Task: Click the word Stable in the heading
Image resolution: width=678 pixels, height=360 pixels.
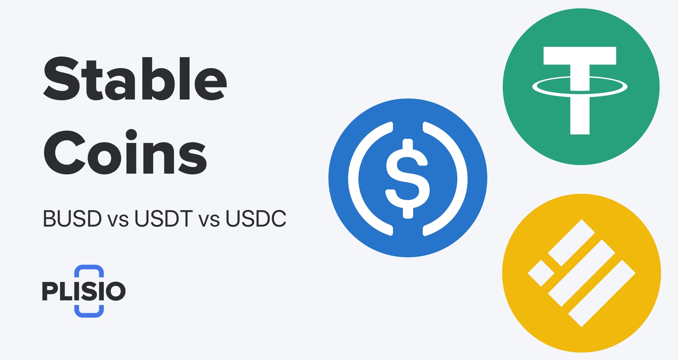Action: click(x=135, y=79)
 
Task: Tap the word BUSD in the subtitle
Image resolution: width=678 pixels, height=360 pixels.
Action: click(x=72, y=219)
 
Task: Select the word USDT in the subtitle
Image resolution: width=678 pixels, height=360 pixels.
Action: click(x=163, y=219)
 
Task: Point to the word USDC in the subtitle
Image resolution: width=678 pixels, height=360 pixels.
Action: click(x=256, y=219)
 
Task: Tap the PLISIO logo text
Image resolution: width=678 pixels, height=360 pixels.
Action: click(x=84, y=291)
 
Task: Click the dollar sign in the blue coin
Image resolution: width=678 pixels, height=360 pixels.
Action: click(x=408, y=178)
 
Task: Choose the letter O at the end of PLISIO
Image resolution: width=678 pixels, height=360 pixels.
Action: click(x=115, y=291)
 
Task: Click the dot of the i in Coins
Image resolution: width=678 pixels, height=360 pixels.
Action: click(x=131, y=135)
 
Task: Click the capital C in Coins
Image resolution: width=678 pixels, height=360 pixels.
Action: click(x=64, y=152)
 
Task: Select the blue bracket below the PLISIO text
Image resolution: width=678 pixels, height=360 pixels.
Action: click(x=89, y=312)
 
